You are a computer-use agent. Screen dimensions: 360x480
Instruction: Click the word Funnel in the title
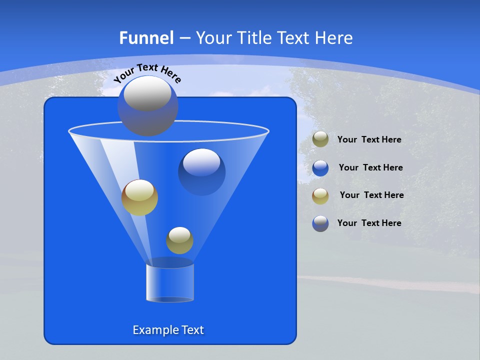coord(146,38)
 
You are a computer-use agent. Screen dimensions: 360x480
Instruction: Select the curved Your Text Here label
coord(147,72)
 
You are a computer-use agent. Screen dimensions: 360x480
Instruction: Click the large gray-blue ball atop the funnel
coord(148,106)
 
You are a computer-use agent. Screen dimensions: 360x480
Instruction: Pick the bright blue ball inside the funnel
coord(202,171)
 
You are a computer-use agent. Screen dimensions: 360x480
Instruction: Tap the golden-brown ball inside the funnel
coord(140,197)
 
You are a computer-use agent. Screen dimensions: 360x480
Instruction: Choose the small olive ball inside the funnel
coord(179,240)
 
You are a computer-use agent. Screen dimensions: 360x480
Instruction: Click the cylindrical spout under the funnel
coord(170,282)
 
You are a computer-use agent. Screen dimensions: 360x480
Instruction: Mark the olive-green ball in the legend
coord(320,139)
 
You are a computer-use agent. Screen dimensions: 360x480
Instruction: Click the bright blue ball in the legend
coord(320,167)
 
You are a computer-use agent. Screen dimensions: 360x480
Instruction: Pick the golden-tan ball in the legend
coord(320,195)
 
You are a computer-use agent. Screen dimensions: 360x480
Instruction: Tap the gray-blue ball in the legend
coord(320,223)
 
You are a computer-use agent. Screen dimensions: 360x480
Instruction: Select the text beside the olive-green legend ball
coord(369,139)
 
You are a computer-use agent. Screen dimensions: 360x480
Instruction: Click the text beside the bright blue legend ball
coord(370,167)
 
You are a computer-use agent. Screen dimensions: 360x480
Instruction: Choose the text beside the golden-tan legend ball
coord(371,195)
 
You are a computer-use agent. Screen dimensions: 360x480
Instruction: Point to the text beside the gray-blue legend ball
coord(369,223)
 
